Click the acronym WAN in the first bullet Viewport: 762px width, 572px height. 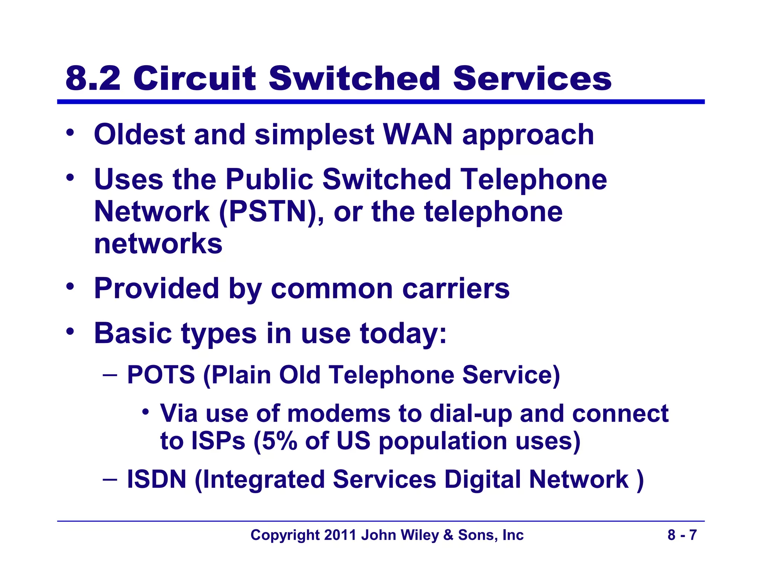click(417, 134)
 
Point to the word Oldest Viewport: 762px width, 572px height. click(139, 134)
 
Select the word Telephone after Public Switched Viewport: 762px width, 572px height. click(533, 179)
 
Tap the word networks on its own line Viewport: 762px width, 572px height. click(158, 244)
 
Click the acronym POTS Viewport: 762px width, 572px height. click(161, 375)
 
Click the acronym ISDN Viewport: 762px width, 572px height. click(157, 479)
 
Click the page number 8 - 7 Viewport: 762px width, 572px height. click(682, 535)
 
